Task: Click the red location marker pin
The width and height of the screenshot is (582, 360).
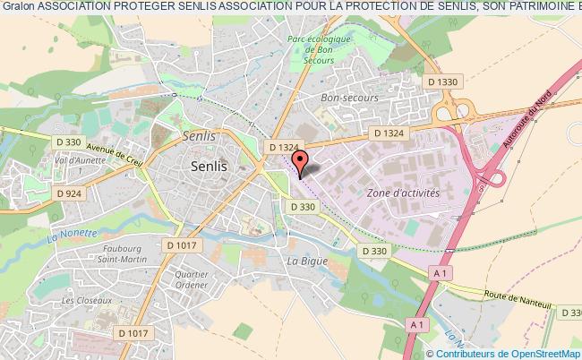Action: tap(301, 161)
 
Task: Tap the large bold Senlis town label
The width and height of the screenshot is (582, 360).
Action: tap(208, 167)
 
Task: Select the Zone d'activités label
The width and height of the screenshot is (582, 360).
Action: tap(403, 193)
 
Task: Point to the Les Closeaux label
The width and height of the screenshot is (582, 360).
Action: tap(87, 301)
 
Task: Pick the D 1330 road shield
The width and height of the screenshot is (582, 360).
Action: tap(443, 82)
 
